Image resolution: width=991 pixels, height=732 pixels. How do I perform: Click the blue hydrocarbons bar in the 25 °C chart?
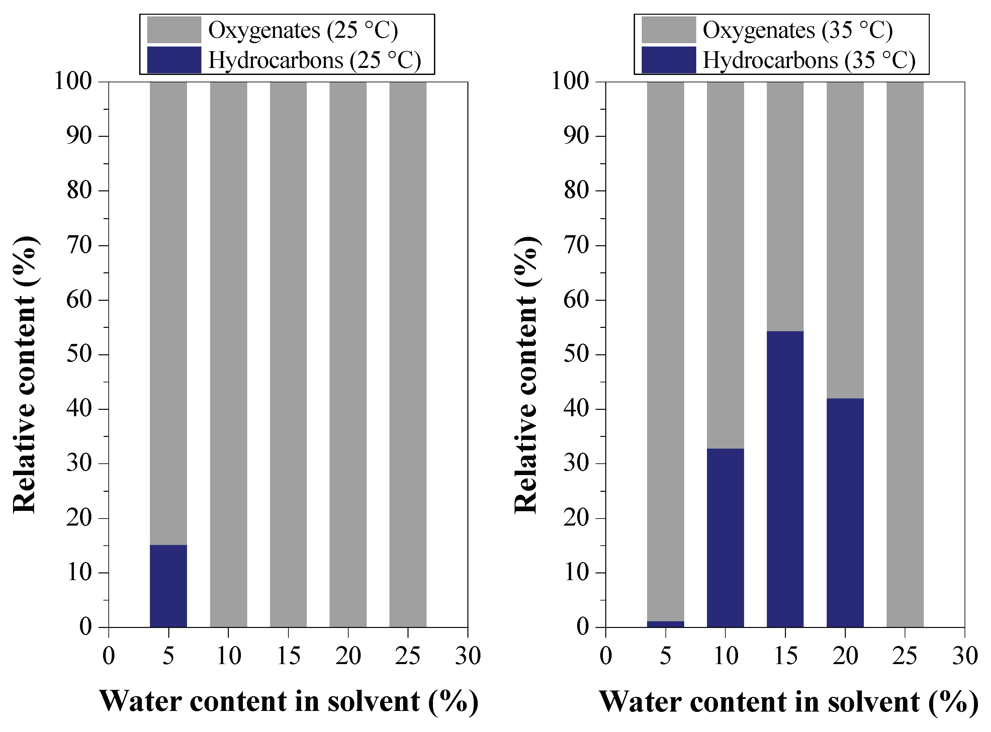click(168, 586)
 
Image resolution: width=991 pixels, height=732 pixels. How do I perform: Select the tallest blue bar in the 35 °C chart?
click(785, 478)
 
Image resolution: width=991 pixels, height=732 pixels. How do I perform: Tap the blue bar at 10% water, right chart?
click(725, 538)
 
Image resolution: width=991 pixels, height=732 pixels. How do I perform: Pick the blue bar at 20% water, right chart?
click(845, 513)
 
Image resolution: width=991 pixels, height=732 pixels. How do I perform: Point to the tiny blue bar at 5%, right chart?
click(665, 624)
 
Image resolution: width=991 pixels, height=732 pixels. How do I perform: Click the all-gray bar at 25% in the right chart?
click(905, 355)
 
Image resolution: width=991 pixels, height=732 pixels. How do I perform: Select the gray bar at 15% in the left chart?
click(288, 355)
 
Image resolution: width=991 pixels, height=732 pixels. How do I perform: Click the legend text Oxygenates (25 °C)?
click(303, 30)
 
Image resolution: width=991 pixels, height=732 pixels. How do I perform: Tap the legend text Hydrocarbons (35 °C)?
click(809, 60)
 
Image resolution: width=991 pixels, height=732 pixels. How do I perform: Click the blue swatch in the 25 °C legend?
click(174, 60)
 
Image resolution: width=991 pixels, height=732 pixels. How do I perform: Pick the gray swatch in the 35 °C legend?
click(668, 30)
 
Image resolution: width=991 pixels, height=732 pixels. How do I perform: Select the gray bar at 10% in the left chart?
click(228, 355)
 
